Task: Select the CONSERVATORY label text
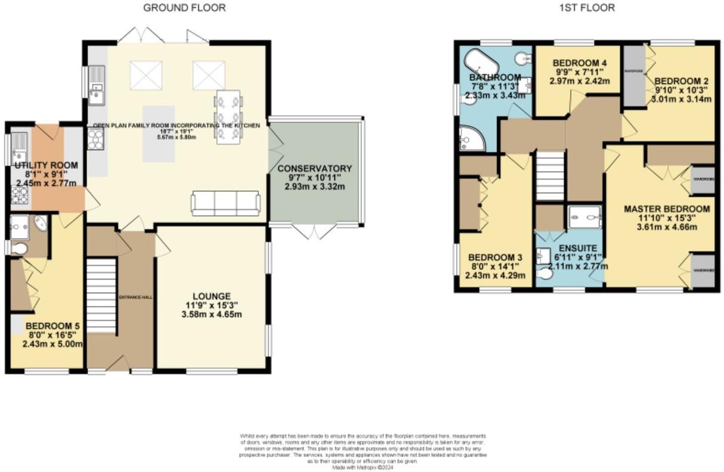[314, 168]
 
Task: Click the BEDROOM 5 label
[53, 326]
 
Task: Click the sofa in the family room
[225, 204]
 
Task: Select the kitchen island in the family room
[158, 134]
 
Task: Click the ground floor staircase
[101, 294]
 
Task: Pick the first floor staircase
[550, 176]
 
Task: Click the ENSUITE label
[569, 247]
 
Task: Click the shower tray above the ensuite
[584, 217]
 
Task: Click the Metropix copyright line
[363, 467]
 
